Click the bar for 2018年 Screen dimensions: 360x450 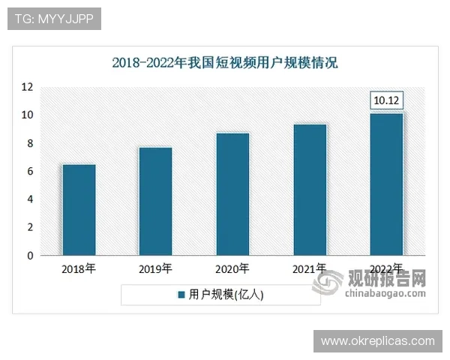click(x=79, y=210)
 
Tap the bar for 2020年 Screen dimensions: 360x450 click(x=232, y=194)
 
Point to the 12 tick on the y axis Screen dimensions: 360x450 click(x=28, y=87)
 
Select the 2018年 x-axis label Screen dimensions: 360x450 click(x=79, y=268)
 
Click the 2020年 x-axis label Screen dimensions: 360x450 click(x=232, y=268)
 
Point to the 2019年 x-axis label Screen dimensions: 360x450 click(x=155, y=268)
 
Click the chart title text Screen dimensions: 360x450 click(x=225, y=63)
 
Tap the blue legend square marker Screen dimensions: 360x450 click(x=181, y=295)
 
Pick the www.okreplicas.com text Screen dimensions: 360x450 click(x=377, y=341)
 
